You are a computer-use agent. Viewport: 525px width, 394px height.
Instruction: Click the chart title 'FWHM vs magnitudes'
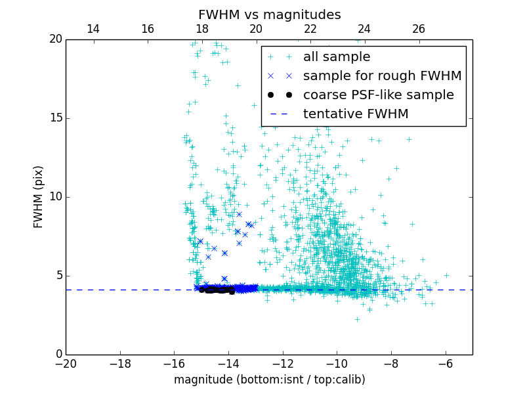[x=269, y=14]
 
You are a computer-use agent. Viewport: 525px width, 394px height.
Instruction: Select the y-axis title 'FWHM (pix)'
[x=39, y=197]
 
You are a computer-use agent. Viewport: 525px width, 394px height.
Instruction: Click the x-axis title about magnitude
[x=269, y=380]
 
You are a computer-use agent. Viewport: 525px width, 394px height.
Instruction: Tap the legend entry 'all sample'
[x=336, y=57]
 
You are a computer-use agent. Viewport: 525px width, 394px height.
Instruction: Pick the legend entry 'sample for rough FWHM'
[x=382, y=76]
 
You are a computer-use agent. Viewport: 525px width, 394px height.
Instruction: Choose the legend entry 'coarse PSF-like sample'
[x=378, y=95]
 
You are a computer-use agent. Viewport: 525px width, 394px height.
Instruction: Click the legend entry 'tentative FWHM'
[x=356, y=114]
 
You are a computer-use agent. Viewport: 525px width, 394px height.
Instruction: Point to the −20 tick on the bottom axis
[x=66, y=363]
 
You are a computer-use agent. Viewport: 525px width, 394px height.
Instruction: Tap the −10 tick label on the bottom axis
[x=337, y=363]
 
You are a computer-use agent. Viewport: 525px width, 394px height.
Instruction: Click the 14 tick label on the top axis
[x=93, y=29]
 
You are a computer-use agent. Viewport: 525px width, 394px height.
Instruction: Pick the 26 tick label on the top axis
[x=419, y=29]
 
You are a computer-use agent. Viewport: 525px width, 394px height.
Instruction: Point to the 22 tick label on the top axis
[x=310, y=29]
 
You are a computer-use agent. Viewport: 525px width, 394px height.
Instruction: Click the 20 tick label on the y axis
[x=55, y=39]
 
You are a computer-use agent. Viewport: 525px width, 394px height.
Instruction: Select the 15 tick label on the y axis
[x=55, y=118]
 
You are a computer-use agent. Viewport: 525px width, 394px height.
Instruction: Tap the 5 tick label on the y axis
[x=58, y=276]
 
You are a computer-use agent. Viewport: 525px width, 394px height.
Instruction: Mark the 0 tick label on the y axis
[x=58, y=355]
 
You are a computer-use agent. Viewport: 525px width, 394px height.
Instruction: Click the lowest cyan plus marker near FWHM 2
[x=357, y=319]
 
